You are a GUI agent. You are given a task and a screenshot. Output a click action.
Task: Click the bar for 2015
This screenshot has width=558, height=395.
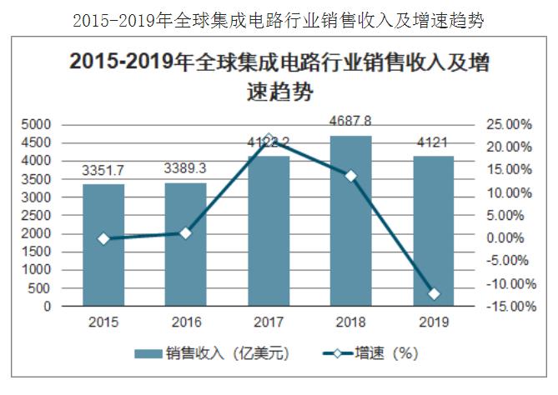tap(103, 245)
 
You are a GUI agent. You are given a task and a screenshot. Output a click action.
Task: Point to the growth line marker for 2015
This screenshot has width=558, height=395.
tap(103, 238)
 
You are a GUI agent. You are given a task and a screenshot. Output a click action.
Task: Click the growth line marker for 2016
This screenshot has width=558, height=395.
tap(185, 233)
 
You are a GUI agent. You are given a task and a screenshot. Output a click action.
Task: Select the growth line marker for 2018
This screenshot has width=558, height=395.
tap(350, 176)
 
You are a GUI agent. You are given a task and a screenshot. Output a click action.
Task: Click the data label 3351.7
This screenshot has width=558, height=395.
tap(103, 171)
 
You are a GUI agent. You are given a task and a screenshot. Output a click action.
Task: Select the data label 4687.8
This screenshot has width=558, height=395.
tap(350, 121)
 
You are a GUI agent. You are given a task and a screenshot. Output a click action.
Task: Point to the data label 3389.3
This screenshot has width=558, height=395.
tap(185, 169)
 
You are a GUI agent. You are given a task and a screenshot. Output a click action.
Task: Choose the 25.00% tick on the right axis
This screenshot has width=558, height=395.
tap(509, 124)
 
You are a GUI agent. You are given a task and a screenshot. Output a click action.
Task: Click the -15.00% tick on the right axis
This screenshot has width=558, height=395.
tap(508, 307)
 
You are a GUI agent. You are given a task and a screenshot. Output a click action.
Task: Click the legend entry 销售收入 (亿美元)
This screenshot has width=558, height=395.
tap(212, 353)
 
